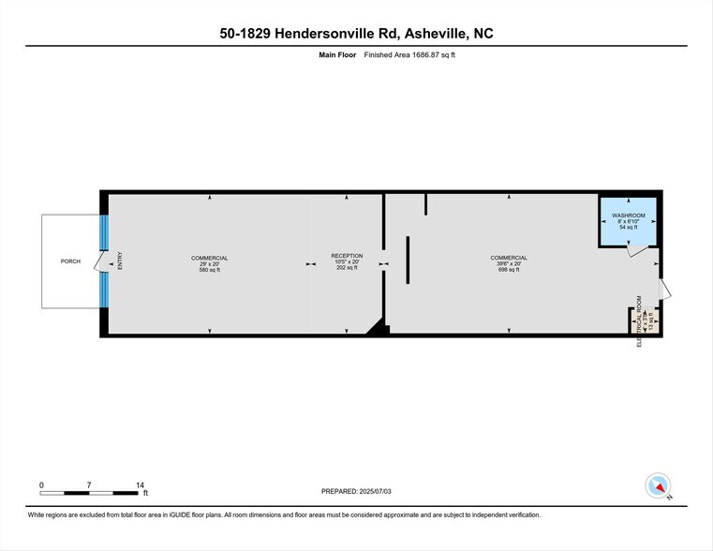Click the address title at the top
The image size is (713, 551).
tap(355, 34)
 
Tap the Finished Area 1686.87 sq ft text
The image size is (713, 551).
tap(411, 55)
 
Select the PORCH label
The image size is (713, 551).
tap(70, 261)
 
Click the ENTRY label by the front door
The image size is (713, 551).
tap(120, 261)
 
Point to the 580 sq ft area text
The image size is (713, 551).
tap(209, 270)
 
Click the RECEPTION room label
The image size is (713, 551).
tap(346, 256)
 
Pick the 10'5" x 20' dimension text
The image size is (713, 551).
tap(346, 262)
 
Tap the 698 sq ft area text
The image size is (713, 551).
tap(508, 270)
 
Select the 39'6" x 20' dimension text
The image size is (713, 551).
tap(508, 263)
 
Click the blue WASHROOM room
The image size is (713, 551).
tap(628, 221)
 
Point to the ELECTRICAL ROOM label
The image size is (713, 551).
tap(640, 321)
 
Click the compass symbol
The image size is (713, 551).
tap(659, 486)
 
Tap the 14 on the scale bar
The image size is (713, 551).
tap(140, 484)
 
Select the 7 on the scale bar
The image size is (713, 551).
tap(89, 484)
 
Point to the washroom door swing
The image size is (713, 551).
tap(637, 251)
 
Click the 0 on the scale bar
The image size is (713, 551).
tap(41, 484)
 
